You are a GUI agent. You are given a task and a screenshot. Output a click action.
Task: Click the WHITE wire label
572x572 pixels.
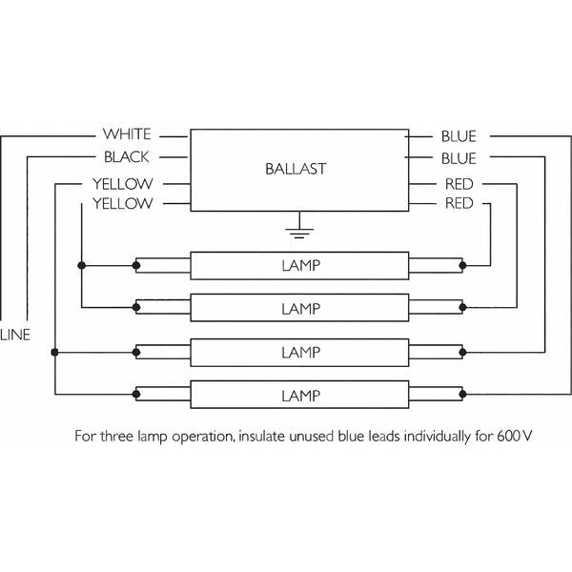coord(127,134)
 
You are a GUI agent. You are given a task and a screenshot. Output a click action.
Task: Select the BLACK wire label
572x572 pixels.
coord(127,157)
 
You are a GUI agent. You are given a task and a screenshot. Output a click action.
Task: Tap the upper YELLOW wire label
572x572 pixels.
coord(123,184)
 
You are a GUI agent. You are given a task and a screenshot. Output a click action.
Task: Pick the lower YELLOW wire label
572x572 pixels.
coord(123,204)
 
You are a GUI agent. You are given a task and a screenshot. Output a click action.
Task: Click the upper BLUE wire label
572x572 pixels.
coord(459,136)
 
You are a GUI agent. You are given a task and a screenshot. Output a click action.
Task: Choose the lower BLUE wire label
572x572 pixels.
coord(459,158)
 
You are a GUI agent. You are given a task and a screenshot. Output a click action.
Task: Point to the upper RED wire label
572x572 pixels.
coord(459,184)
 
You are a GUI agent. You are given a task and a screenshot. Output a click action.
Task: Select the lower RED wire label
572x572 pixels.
coord(459,203)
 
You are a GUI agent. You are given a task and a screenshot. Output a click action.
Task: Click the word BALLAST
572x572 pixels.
coord(296,169)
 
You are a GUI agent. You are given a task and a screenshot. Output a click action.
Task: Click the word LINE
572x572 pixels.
coord(15,335)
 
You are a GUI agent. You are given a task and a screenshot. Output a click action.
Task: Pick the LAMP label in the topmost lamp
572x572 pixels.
coord(301,266)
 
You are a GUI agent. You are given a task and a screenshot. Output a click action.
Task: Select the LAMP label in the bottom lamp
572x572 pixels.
coord(301,396)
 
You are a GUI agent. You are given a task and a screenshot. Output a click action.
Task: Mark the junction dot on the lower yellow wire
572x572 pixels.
coord(82,266)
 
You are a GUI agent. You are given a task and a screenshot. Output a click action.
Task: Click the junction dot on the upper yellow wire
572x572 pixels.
coord(54,353)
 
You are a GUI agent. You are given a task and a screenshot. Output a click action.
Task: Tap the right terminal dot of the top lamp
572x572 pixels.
coord(462,266)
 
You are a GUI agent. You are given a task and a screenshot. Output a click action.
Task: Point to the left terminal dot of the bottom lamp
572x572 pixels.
coord(136,395)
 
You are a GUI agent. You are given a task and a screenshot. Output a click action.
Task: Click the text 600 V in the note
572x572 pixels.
coord(515,437)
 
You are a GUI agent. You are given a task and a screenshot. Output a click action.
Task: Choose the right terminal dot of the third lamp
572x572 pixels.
coord(462,353)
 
